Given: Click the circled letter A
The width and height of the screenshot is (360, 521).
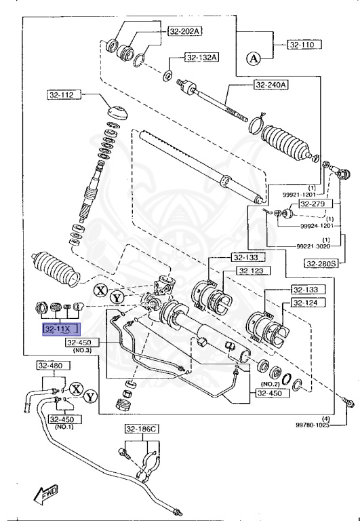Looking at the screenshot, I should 254,58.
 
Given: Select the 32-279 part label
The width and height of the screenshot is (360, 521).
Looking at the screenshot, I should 313,204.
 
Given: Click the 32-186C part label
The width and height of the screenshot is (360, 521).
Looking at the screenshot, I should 141,429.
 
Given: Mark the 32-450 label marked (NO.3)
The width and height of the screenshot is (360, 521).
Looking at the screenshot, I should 83,343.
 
